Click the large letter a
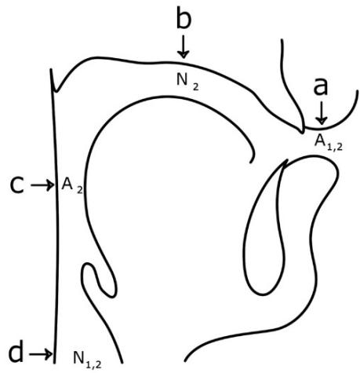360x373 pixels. tap(320, 86)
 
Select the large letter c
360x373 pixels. tap(17, 185)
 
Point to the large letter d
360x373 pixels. tap(16, 352)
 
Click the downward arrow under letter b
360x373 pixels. tap(184, 47)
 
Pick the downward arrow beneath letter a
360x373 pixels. tap(322, 113)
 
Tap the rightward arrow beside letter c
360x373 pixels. tap(42, 185)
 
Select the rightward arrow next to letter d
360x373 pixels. tap(41, 355)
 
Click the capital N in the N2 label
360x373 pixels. tap(183, 79)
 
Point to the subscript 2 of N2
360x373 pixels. tap(195, 87)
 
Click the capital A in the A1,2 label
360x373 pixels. tap(320, 141)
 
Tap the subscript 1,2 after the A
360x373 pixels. tap(335, 147)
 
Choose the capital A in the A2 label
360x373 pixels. tap(67, 184)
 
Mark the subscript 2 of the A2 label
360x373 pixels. tap(80, 190)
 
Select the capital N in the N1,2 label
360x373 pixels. tap(79, 357)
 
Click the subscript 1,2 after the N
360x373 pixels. tap(93, 364)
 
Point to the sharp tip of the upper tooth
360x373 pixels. tap(303, 133)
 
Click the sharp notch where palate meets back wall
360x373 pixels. tap(55, 91)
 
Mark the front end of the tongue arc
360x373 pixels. tap(251, 163)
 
